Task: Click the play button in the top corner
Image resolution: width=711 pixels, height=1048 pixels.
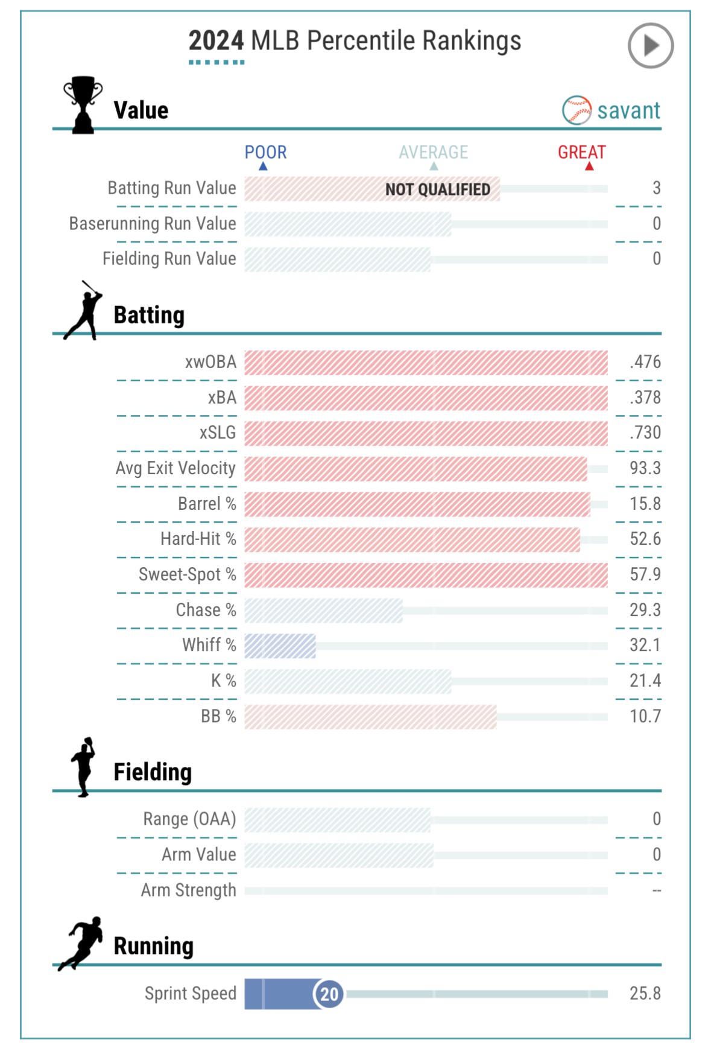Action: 650,45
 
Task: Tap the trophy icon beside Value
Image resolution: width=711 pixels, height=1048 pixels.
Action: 83,104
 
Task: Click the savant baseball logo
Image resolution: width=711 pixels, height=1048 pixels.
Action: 577,110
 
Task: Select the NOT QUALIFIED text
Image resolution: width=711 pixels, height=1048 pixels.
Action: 438,189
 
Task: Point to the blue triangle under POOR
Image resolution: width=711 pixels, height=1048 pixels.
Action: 263,166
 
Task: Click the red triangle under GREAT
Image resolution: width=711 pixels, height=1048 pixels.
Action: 589,166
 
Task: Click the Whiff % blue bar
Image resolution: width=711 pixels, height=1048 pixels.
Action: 280,646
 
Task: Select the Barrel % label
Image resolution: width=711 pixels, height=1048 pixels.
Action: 207,504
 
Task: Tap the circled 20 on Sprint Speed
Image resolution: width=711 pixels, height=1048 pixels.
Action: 329,994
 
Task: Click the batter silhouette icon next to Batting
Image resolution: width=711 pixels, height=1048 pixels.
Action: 83,310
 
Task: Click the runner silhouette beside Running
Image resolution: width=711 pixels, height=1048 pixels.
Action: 80,944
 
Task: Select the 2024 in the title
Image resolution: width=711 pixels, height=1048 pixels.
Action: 216,41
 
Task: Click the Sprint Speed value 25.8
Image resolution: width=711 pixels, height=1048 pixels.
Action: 645,994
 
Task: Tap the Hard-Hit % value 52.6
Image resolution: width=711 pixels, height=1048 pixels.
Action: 645,539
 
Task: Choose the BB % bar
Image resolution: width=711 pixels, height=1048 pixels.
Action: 370,717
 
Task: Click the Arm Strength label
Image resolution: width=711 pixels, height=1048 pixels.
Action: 189,891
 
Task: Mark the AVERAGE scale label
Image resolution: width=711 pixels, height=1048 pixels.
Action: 433,152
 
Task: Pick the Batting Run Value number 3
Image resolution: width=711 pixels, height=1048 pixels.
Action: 657,188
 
